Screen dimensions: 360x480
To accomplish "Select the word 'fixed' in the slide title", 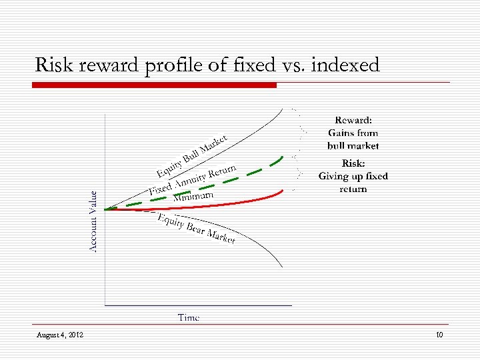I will click(x=247, y=65).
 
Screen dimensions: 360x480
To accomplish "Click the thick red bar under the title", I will click(x=155, y=85).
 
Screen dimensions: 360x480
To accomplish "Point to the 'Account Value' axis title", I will click(x=94, y=221).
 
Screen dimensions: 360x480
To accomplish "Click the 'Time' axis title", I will click(x=189, y=318).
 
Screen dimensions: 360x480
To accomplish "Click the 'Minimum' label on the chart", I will click(x=193, y=196).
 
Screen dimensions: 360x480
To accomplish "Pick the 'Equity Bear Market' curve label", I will click(x=196, y=229).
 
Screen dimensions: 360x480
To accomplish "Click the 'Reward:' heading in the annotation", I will click(x=353, y=121).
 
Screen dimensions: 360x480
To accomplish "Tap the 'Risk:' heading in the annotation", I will click(x=353, y=163).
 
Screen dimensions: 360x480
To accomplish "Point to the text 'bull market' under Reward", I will click(x=353, y=145).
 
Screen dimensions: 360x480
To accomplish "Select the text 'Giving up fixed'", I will click(x=353, y=176).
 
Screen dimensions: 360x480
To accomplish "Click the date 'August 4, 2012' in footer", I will click(x=60, y=335).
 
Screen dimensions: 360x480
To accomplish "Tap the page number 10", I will click(x=439, y=335).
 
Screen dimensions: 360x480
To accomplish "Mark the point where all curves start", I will click(x=106, y=209).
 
